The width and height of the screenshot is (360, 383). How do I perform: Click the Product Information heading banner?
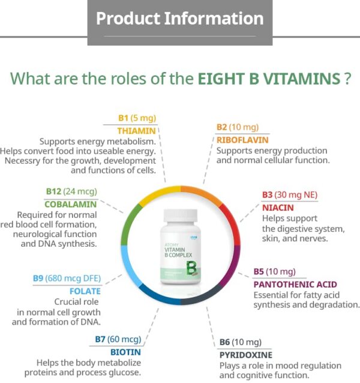click(179, 18)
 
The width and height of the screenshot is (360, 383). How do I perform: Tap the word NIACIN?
click(277, 207)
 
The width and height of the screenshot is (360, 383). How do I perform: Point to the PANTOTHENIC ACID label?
click(295, 284)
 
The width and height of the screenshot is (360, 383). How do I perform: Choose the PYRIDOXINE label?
click(245, 354)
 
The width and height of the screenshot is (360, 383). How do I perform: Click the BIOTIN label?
click(125, 352)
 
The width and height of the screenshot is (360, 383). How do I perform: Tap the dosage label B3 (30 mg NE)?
click(290, 195)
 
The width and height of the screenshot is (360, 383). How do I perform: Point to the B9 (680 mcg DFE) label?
click(67, 279)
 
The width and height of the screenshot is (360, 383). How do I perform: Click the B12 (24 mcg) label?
click(71, 191)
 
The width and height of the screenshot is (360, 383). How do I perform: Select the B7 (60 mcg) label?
click(118, 340)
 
